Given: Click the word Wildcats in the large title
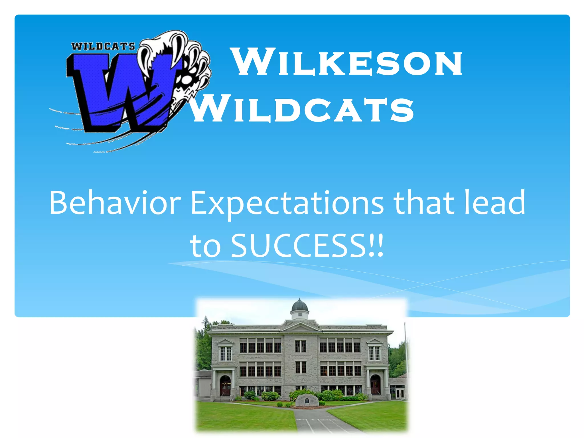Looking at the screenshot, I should click(x=302, y=109).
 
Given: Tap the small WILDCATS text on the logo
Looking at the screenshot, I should click(x=103, y=46).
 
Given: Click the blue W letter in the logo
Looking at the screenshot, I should click(x=120, y=91).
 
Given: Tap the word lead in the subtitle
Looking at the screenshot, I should click(x=494, y=202).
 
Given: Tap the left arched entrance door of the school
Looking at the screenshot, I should click(x=225, y=386).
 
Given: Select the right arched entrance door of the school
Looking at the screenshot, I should click(x=375, y=385).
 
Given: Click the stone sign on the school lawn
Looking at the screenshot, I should click(x=307, y=400).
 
